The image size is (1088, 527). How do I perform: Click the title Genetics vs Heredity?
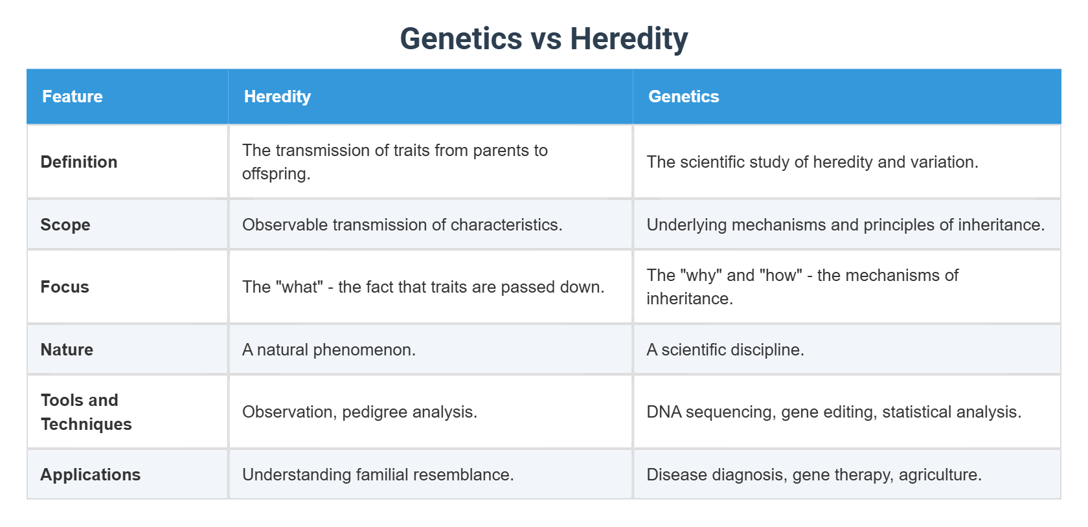point(543,39)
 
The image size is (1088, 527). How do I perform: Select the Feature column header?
point(73,96)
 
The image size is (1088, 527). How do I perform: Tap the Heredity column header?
point(277,96)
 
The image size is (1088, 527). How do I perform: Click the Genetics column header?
point(683,96)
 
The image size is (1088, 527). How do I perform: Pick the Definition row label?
point(79,162)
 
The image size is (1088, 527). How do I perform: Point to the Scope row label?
point(65,225)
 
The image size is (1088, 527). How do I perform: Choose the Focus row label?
point(65,287)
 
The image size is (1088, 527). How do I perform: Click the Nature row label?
point(67,350)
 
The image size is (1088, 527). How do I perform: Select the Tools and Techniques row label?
point(85,412)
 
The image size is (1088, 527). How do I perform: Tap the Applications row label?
point(91,475)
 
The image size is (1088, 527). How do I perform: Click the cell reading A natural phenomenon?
point(329,350)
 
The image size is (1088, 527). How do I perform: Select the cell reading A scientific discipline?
point(725,350)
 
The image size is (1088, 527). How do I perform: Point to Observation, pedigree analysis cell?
point(359,412)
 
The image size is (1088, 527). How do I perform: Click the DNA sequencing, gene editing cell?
point(833,412)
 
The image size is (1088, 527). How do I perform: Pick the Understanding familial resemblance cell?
point(378,475)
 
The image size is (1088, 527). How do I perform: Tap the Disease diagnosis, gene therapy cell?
point(814,475)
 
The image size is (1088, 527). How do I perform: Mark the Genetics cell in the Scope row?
point(845,225)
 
